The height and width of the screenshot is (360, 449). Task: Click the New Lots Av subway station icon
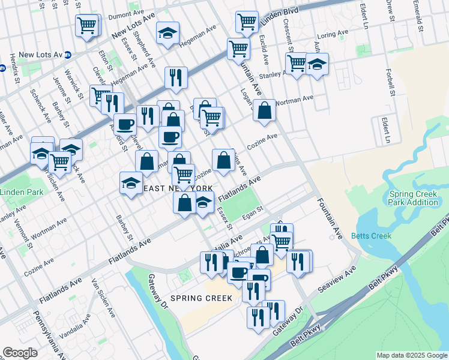(x=68, y=55)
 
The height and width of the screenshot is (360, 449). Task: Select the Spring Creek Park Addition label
(x=414, y=198)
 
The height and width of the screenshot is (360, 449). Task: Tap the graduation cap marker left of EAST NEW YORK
(x=131, y=183)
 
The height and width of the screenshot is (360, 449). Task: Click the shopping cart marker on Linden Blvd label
(x=247, y=22)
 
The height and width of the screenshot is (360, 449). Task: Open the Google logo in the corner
(x=20, y=353)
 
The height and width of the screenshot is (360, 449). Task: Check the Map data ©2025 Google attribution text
(x=411, y=355)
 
